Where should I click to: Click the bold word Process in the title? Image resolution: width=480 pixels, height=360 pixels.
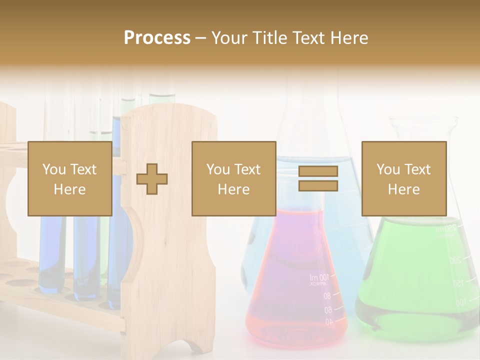point(157,38)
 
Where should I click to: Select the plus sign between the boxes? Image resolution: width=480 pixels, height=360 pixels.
point(152,179)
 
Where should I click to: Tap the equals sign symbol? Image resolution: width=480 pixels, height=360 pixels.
point(318,178)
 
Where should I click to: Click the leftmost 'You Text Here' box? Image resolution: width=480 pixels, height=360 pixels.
point(70,178)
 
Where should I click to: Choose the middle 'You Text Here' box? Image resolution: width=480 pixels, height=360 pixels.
point(234,178)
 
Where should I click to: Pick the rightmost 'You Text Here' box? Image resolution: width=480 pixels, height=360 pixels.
point(404,178)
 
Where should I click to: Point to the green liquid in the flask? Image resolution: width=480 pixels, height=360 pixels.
point(410,280)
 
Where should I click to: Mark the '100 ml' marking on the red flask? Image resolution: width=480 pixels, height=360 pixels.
point(319,277)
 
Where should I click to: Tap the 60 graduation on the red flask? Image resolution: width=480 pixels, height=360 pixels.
point(327,310)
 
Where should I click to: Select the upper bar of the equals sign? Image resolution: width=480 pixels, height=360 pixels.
point(318,171)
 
